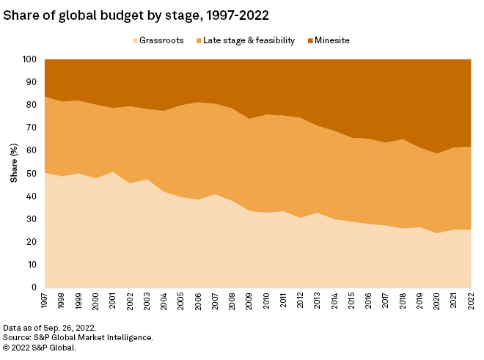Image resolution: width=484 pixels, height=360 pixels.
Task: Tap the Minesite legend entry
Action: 328,40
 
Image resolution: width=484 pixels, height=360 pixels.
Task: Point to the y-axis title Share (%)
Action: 12,173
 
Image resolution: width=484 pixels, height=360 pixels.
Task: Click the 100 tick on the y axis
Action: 30,59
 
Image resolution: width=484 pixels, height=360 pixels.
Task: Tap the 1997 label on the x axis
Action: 45,301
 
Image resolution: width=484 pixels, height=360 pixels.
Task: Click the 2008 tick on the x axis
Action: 231,301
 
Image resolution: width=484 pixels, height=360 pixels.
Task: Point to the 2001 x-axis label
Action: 112,301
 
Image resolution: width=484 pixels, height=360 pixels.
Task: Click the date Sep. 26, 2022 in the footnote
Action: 71,328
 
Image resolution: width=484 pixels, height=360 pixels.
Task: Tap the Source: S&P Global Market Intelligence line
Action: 77,337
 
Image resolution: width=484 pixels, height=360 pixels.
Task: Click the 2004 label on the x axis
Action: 163,301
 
